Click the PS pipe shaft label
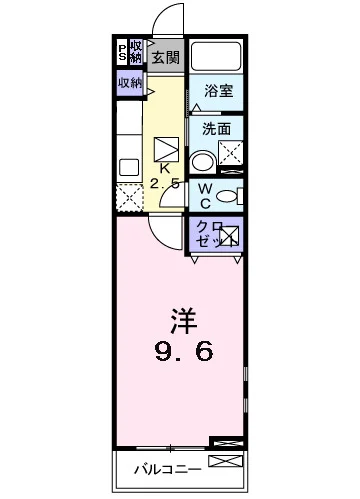tap(123, 50)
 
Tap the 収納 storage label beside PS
tap(135, 50)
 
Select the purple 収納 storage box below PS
tap(130, 83)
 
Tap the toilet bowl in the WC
tap(229, 195)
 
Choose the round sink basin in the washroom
tap(203, 161)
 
